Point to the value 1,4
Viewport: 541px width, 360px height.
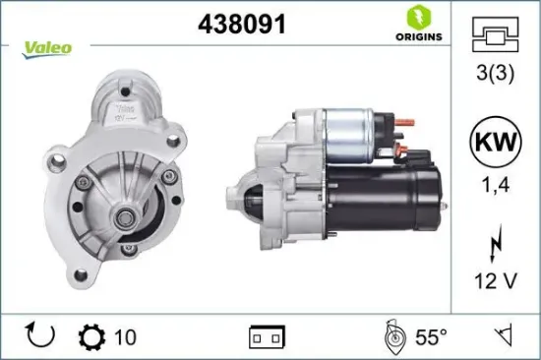pos(496,183)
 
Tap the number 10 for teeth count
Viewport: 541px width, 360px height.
pos(125,337)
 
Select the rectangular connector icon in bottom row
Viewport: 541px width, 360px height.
pos(268,336)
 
